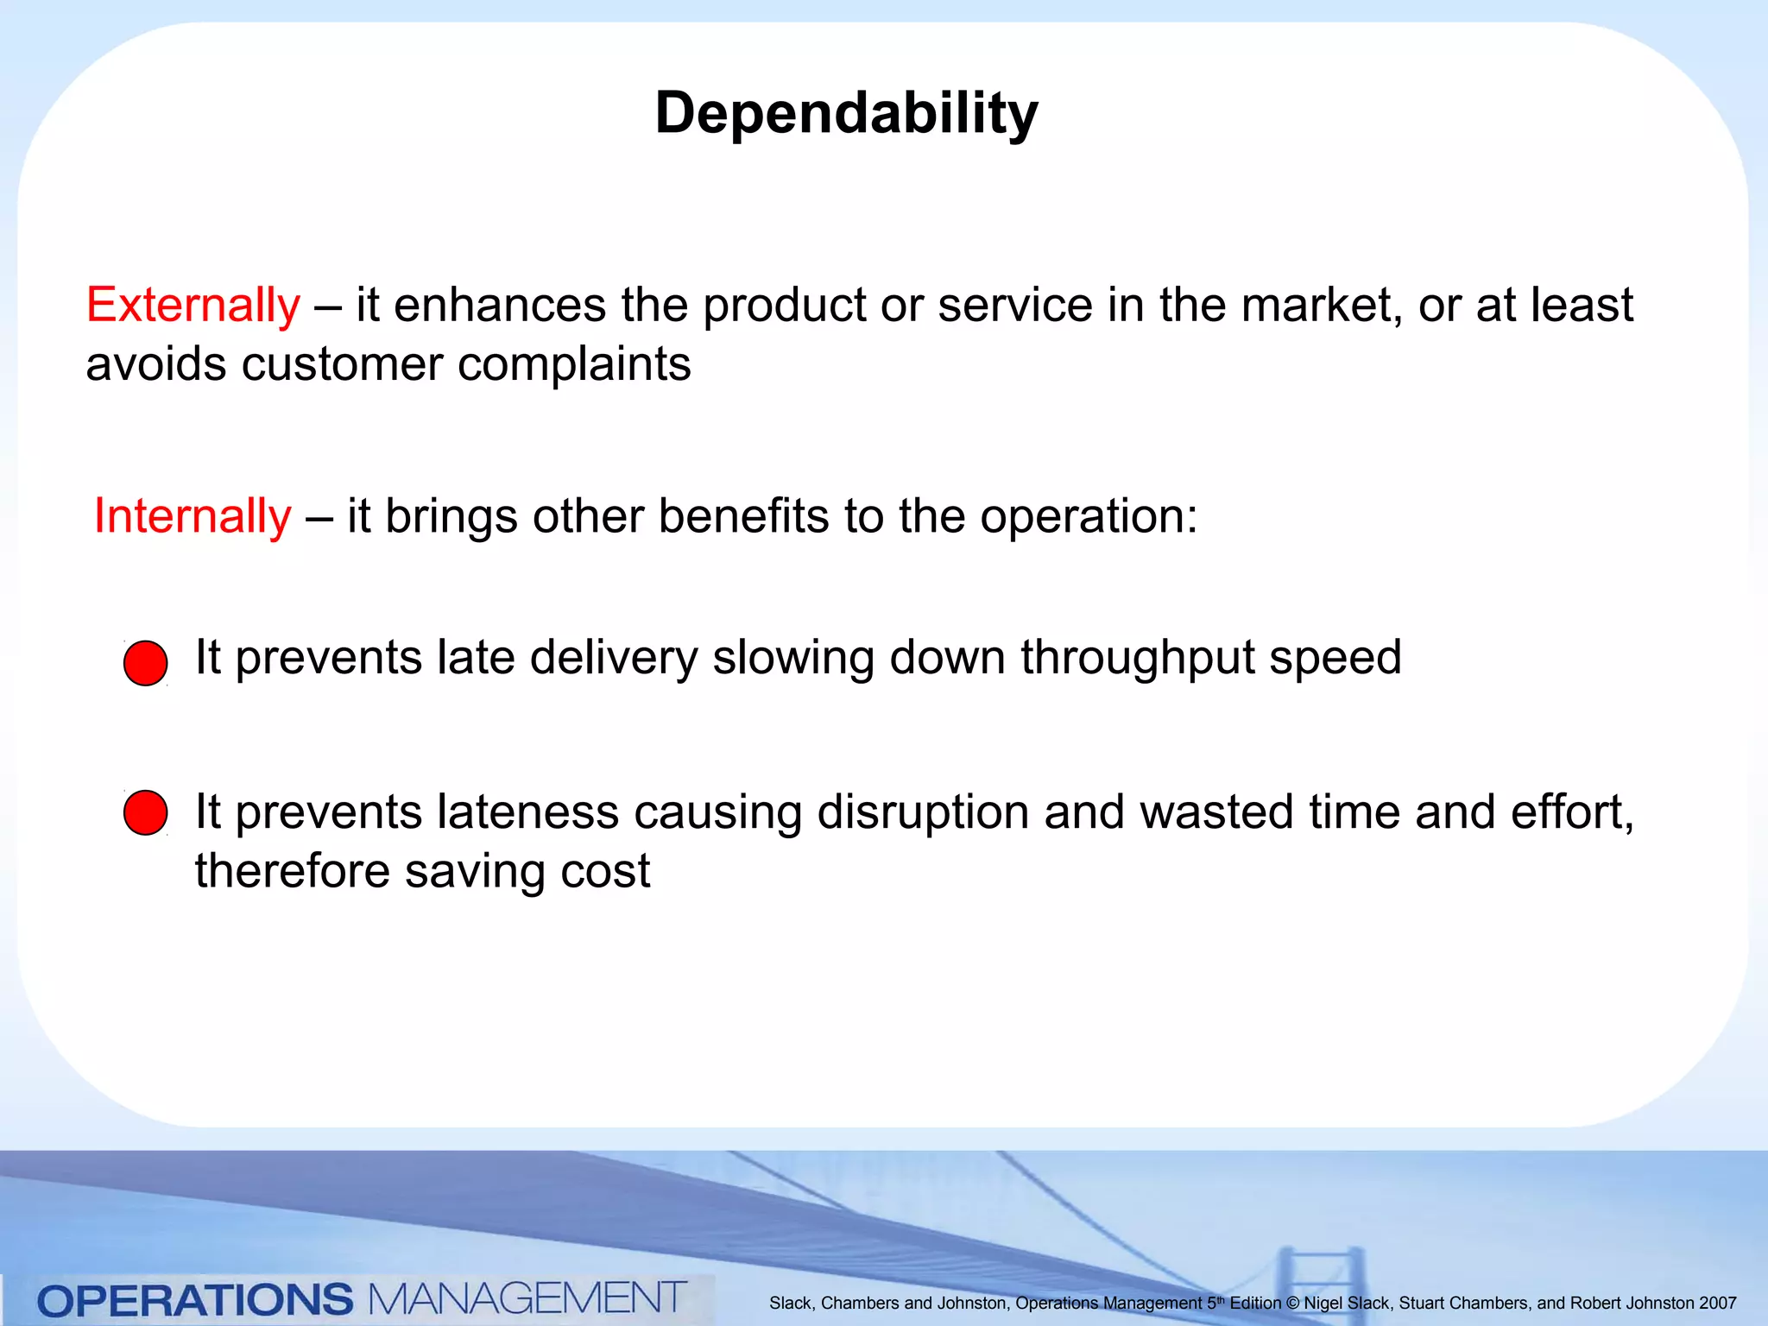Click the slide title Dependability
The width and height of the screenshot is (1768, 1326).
tap(846, 113)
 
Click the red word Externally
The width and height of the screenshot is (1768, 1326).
tap(193, 306)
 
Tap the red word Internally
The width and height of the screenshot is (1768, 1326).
tap(193, 516)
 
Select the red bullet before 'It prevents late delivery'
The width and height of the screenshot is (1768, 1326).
tap(145, 663)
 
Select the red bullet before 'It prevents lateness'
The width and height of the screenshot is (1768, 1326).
tap(145, 812)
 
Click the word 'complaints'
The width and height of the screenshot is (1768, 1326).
tap(574, 364)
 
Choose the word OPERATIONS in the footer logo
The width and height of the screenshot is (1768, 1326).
tap(195, 1300)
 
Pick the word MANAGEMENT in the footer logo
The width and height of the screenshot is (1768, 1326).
tap(527, 1298)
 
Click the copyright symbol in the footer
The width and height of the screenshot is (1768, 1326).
tap(1291, 1304)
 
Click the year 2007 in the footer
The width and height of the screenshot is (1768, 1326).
tap(1717, 1304)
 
